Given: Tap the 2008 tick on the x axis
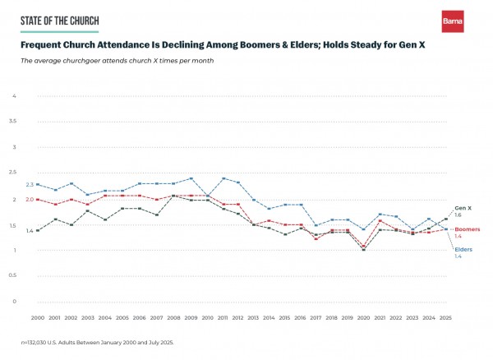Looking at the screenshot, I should (x=173, y=317).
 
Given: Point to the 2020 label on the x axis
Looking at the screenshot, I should (x=378, y=317).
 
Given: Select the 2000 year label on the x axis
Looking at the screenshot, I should (x=37, y=317).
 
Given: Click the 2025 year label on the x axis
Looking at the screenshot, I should (x=446, y=317).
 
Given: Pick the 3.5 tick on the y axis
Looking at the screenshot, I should (x=12, y=122).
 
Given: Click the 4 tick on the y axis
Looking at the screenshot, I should (x=14, y=96).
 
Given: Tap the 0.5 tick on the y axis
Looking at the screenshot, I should (x=12, y=275).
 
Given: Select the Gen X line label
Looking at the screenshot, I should (x=463, y=208).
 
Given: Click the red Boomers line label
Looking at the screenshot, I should (x=468, y=229).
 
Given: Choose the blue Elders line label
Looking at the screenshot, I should (x=463, y=249).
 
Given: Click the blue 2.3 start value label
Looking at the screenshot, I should (x=30, y=184).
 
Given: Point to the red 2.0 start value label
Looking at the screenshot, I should (x=30, y=200).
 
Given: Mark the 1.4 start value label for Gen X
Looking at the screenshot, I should (x=30, y=231).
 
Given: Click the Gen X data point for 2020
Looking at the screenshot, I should (x=364, y=249).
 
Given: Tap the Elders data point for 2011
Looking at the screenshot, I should (x=224, y=178).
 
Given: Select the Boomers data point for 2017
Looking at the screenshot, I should (x=316, y=239).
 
